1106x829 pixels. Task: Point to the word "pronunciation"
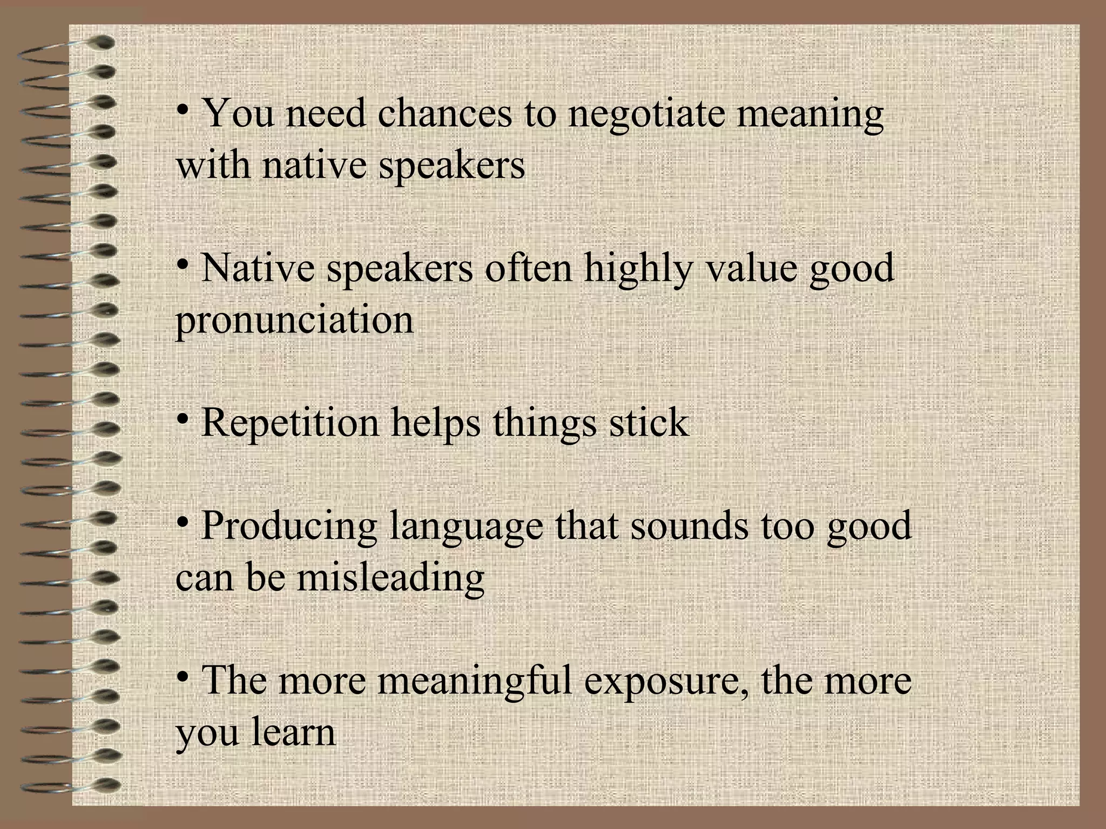294,320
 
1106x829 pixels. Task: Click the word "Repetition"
290,423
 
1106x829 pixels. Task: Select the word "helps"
435,423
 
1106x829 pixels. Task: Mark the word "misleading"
390,576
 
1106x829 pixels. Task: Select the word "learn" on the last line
293,732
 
